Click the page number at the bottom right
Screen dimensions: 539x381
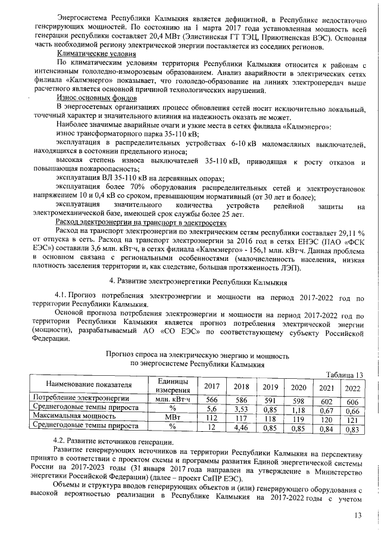(x=358, y=515)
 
